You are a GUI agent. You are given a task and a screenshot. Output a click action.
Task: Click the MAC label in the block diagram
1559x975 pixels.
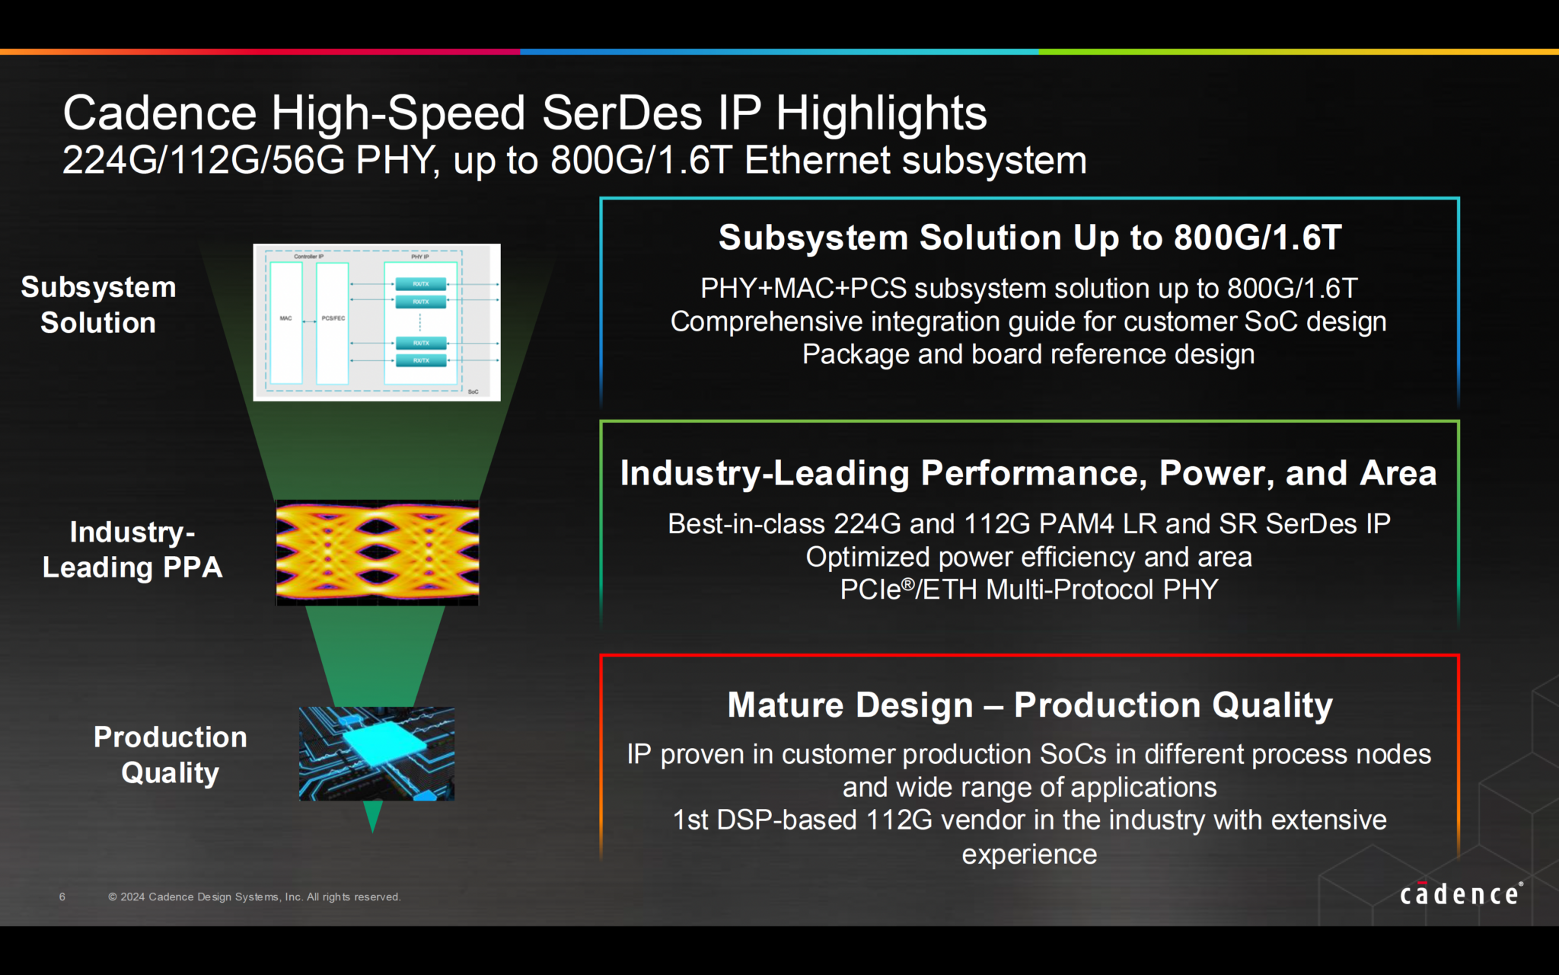click(285, 318)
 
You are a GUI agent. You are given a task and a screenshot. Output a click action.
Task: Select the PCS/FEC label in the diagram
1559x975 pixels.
click(333, 318)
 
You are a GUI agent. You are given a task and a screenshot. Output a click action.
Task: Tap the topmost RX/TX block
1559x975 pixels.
click(421, 284)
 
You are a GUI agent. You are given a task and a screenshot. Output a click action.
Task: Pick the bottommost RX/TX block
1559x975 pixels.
click(421, 360)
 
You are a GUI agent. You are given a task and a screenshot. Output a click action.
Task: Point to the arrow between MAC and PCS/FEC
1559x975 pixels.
click(309, 322)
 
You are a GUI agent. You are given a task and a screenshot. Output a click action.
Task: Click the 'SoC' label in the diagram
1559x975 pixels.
click(473, 392)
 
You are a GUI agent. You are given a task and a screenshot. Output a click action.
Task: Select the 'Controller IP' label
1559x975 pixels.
click(308, 257)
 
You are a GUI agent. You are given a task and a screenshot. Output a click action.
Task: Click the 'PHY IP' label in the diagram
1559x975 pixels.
click(420, 257)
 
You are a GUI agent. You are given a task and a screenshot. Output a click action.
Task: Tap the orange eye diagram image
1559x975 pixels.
click(377, 552)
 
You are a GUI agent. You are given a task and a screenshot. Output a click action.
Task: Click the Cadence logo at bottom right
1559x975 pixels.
click(1461, 893)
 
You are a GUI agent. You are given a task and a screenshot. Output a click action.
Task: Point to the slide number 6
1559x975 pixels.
click(62, 897)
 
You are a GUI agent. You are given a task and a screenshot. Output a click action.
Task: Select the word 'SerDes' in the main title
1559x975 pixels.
click(622, 113)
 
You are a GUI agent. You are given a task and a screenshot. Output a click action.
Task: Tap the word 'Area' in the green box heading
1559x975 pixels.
click(1398, 473)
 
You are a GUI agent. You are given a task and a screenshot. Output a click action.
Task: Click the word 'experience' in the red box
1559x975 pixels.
click(1029, 854)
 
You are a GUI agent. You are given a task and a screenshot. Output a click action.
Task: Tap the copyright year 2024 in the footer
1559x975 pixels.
click(132, 897)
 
